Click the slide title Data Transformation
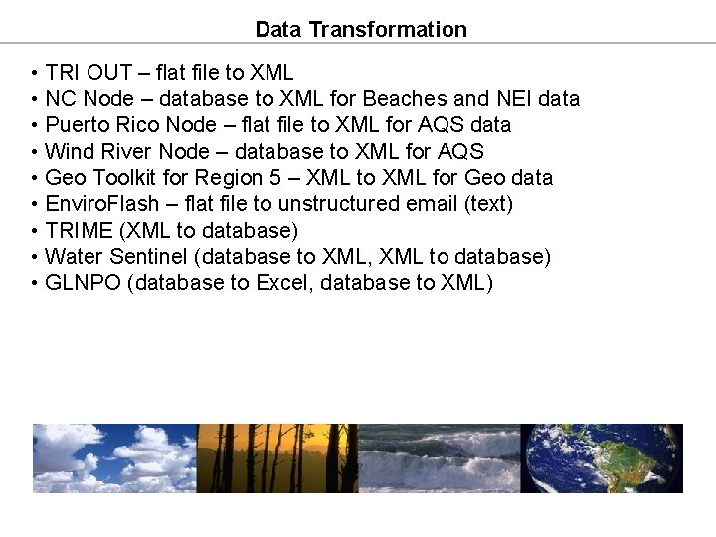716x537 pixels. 360,29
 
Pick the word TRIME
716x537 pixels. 79,231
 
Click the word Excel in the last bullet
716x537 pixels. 282,282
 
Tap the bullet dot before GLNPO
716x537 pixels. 35,283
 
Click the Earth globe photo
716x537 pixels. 602,458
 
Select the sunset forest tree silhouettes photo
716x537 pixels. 277,458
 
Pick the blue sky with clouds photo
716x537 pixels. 114,458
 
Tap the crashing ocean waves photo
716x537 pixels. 439,458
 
